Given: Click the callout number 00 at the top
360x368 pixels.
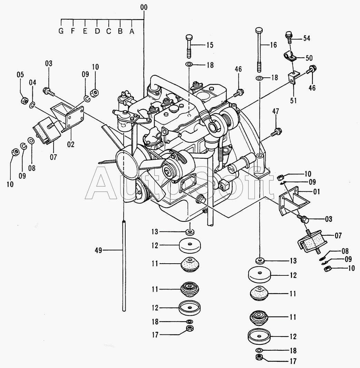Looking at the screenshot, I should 144,7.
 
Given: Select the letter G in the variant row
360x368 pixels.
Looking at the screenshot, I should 61,31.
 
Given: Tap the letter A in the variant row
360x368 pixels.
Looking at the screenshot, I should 132,31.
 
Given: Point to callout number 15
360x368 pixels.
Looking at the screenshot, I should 210,45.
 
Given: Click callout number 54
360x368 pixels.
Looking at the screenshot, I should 307,38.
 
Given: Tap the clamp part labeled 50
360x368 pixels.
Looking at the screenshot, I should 289,56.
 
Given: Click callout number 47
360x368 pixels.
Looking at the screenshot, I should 275,111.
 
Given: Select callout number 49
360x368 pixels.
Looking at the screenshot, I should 99,250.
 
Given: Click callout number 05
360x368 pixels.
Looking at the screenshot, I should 20,74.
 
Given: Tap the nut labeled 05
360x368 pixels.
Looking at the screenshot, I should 24,101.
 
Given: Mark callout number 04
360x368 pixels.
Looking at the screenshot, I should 32,83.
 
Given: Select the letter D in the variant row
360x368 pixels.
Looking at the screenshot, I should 97,31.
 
